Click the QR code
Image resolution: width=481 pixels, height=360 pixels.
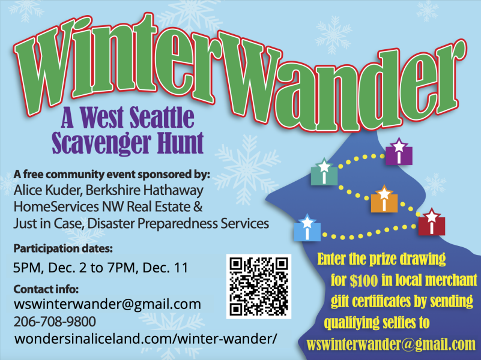click(x=259, y=286)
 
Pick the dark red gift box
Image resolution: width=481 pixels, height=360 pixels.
click(x=432, y=223)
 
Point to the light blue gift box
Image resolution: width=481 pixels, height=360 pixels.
click(x=307, y=228)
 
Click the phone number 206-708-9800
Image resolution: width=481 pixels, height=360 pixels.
click(x=55, y=322)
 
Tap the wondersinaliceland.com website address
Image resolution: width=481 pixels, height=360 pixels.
click(x=146, y=339)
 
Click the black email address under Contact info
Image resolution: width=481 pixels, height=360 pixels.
click(x=107, y=305)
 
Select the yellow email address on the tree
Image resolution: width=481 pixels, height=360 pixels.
click(x=391, y=344)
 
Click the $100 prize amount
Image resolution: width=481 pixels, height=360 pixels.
click(x=363, y=280)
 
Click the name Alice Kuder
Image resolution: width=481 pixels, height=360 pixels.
click(x=47, y=190)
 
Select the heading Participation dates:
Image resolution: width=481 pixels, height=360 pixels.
click(x=63, y=248)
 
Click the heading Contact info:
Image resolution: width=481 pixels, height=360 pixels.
click(x=46, y=289)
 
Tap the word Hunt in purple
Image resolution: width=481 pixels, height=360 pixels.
click(x=180, y=143)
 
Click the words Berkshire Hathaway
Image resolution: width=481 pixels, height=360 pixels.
click(x=145, y=190)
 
